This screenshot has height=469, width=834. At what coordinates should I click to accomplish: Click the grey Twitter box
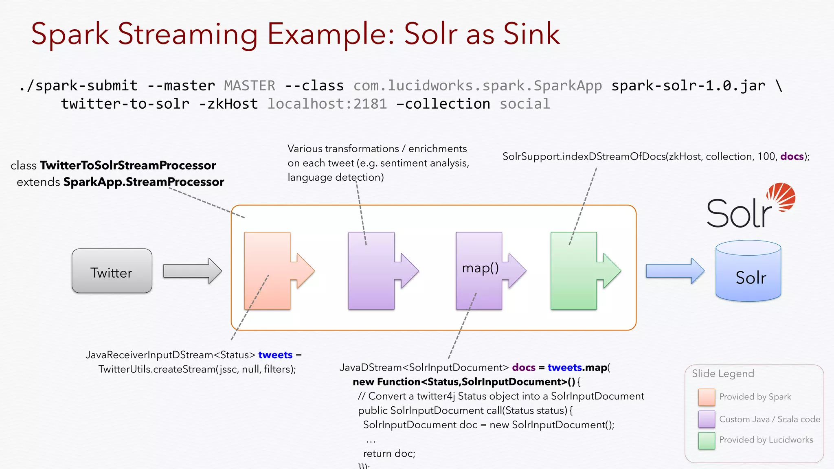click(x=112, y=271)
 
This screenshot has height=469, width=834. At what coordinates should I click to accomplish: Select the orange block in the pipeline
click(x=268, y=271)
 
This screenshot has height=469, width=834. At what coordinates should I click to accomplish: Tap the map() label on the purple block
click(x=480, y=268)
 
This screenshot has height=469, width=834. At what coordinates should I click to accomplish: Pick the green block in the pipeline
click(x=574, y=271)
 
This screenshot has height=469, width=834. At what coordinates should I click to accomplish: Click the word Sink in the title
click(x=531, y=34)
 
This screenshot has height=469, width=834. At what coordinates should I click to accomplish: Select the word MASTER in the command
click(x=250, y=86)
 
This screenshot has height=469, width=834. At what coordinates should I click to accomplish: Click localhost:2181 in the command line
click(x=327, y=104)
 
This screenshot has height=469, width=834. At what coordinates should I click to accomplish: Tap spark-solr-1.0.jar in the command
click(x=688, y=86)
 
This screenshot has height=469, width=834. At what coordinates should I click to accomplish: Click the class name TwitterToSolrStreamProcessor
click(x=128, y=166)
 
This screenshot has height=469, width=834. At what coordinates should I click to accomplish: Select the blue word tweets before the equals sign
click(x=275, y=355)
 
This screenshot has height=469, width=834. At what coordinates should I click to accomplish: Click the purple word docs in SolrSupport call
click(x=792, y=157)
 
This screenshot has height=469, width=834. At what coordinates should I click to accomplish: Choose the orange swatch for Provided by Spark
click(x=707, y=397)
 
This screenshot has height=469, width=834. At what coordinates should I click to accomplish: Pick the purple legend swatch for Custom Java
click(x=707, y=419)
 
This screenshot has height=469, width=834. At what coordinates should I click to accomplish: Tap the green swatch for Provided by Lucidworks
click(x=707, y=441)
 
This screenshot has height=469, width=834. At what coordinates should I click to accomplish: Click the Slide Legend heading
click(x=723, y=374)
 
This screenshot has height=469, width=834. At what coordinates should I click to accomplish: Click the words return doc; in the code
click(x=389, y=454)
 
